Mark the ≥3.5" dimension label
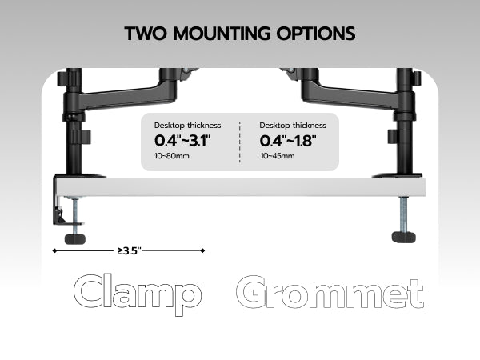click(129, 250)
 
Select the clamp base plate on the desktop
click(81, 174)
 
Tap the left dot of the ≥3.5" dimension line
click(54, 250)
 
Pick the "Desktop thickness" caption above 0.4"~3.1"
click(187, 126)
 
